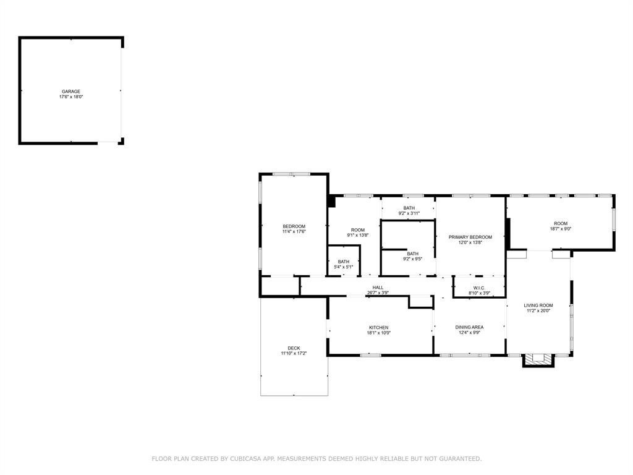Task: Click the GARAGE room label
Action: pyautogui.click(x=70, y=92)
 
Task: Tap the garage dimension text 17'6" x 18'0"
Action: pyautogui.click(x=70, y=97)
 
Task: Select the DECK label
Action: pyautogui.click(x=294, y=348)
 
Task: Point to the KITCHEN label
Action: pyautogui.click(x=379, y=328)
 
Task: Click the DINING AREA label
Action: pyautogui.click(x=469, y=328)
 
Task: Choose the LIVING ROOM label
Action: pyautogui.click(x=538, y=306)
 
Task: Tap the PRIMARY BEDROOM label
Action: pyautogui.click(x=470, y=237)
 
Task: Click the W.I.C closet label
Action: pyautogui.click(x=479, y=288)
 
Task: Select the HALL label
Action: pyautogui.click(x=378, y=288)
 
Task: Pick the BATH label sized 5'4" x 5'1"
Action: pyautogui.click(x=343, y=262)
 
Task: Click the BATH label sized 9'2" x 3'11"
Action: pyautogui.click(x=409, y=208)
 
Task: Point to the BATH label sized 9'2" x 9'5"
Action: pyautogui.click(x=412, y=254)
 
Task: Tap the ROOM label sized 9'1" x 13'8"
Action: pyautogui.click(x=357, y=229)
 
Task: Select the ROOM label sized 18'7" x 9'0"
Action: pyautogui.click(x=560, y=223)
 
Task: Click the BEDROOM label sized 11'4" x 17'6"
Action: pyautogui.click(x=294, y=226)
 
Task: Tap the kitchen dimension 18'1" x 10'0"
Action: pyautogui.click(x=379, y=333)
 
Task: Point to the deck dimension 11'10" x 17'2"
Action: pyautogui.click(x=294, y=354)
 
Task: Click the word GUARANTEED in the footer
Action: pyautogui.click(x=458, y=459)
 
